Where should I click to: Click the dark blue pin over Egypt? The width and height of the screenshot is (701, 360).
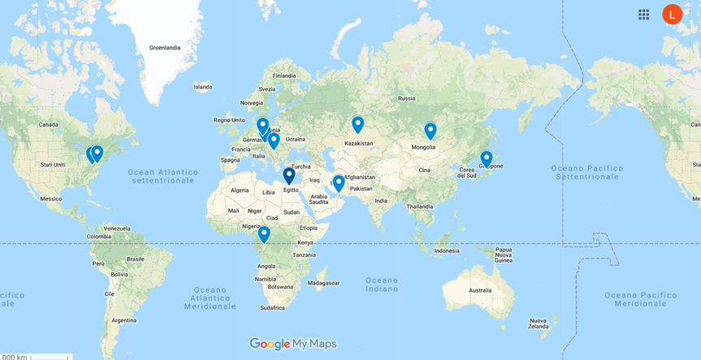tap(288, 176)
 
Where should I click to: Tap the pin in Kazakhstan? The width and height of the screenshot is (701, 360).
tap(357, 124)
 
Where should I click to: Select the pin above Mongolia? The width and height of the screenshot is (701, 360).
tap(431, 130)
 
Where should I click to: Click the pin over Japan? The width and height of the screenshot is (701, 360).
tap(487, 158)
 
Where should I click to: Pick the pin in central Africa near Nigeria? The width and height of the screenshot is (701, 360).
tap(264, 234)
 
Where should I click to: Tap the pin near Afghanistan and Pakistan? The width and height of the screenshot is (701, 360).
tap(339, 183)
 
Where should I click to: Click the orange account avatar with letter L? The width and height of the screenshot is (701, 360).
tap(672, 14)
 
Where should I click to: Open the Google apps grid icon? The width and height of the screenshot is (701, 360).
tap(644, 14)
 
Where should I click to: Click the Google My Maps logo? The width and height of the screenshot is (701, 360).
tap(292, 344)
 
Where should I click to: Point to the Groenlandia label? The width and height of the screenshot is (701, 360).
tap(165, 48)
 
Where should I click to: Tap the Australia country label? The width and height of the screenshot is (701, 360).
tap(480, 290)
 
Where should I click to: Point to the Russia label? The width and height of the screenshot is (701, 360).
tap(406, 98)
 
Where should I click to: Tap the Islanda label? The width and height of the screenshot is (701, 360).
tap(202, 86)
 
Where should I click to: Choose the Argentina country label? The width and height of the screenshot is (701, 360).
tap(124, 320)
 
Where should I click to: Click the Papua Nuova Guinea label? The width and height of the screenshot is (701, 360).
tap(507, 254)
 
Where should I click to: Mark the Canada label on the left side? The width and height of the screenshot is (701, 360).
tap(50, 124)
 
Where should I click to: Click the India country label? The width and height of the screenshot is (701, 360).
tap(382, 200)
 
